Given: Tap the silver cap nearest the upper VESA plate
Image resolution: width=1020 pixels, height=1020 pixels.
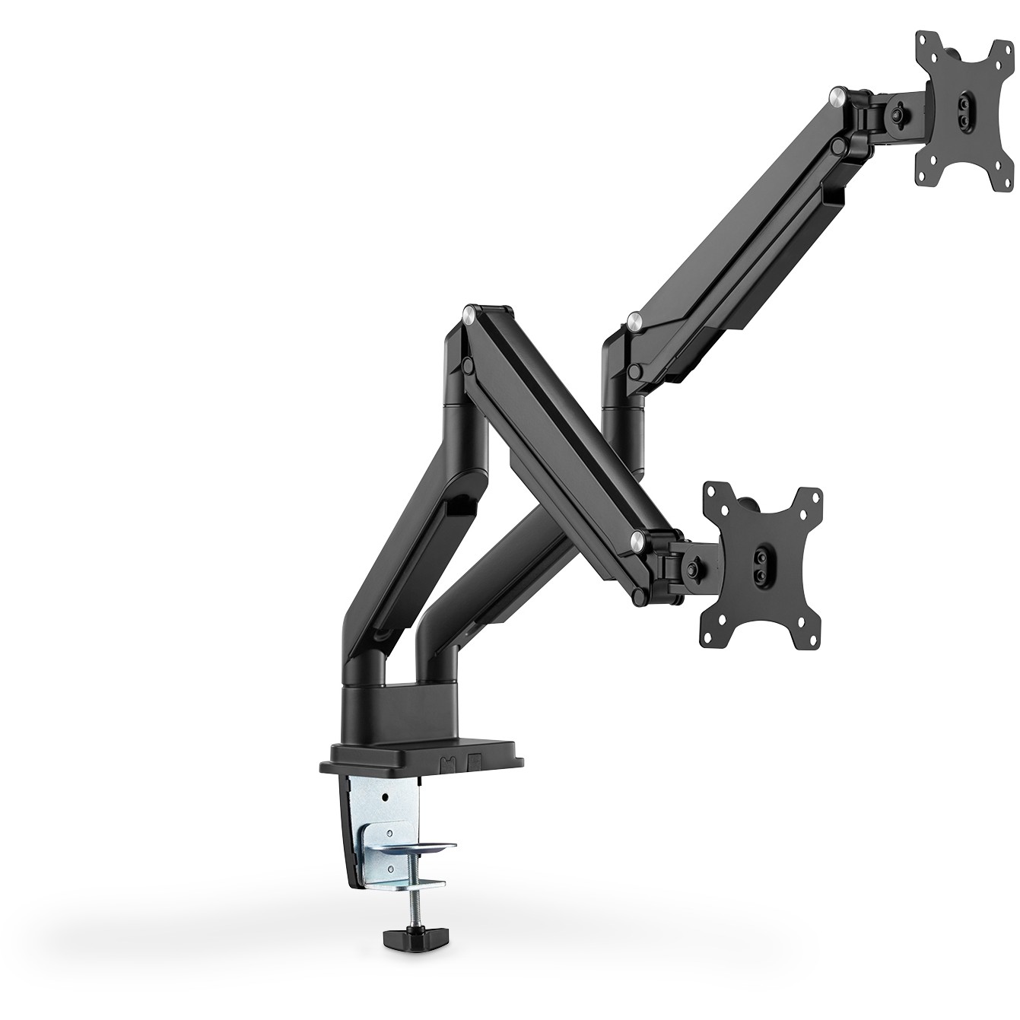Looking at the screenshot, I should tap(837, 94).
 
